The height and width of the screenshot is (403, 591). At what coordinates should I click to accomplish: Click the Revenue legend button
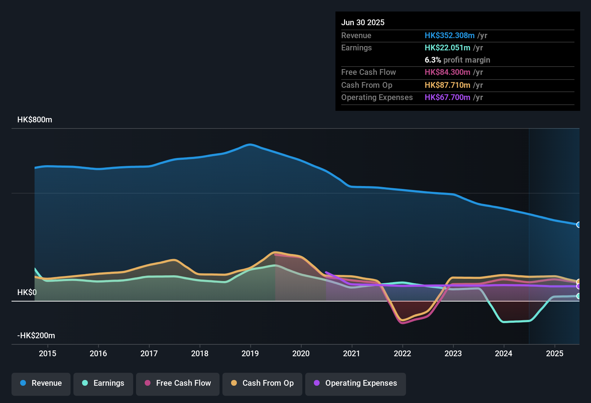(41, 383)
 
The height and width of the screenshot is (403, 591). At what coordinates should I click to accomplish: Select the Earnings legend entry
(103, 383)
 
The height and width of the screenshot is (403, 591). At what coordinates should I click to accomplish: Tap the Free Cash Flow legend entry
(178, 383)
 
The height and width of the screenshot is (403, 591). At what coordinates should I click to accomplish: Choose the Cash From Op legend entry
(262, 383)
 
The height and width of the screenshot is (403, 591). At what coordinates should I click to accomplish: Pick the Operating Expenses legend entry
(356, 383)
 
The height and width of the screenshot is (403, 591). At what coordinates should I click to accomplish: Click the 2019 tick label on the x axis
(250, 354)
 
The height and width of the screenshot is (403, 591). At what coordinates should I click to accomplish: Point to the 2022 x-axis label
(402, 354)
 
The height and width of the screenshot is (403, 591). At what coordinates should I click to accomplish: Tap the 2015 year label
(48, 354)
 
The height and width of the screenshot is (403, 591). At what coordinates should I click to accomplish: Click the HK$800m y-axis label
(35, 120)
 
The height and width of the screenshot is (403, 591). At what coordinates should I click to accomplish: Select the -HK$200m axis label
(36, 336)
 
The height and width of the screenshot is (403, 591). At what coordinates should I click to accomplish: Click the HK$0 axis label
(27, 293)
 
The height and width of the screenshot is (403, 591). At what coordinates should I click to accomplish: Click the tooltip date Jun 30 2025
(363, 23)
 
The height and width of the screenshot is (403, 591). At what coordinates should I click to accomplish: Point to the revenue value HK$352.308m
(450, 36)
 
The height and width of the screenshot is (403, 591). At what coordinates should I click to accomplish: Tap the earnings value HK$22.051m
(447, 48)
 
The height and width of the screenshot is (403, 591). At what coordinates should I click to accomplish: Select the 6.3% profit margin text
(457, 60)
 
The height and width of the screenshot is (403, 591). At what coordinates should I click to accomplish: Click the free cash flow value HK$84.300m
(447, 72)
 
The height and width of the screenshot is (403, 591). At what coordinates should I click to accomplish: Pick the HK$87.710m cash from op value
(447, 85)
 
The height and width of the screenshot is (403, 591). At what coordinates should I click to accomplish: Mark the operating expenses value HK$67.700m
(447, 98)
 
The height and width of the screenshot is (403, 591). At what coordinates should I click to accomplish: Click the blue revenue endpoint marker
(579, 225)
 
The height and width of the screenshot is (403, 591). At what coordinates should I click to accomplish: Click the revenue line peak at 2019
(249, 145)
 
